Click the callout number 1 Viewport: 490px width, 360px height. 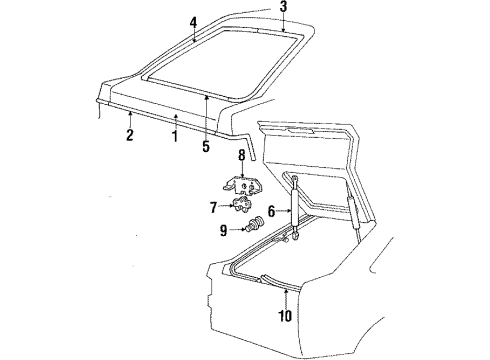point(174,136)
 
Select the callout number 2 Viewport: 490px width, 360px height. point(130,134)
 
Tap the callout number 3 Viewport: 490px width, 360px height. point(283,7)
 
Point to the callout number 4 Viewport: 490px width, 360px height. point(193,23)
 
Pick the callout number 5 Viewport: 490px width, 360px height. point(206,146)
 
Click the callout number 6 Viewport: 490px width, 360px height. point(272,211)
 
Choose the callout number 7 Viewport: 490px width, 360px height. point(214,208)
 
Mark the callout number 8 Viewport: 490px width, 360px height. point(242,155)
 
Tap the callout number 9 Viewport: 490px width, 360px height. point(223,230)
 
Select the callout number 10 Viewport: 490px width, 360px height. point(285,316)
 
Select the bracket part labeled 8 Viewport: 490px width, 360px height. point(241,185)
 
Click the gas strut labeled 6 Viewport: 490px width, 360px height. point(295,208)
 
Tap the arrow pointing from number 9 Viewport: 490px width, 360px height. point(239,229)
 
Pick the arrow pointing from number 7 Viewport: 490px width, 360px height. point(227,206)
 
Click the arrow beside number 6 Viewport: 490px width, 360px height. point(284,211)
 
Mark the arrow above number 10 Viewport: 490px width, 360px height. point(285,298)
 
